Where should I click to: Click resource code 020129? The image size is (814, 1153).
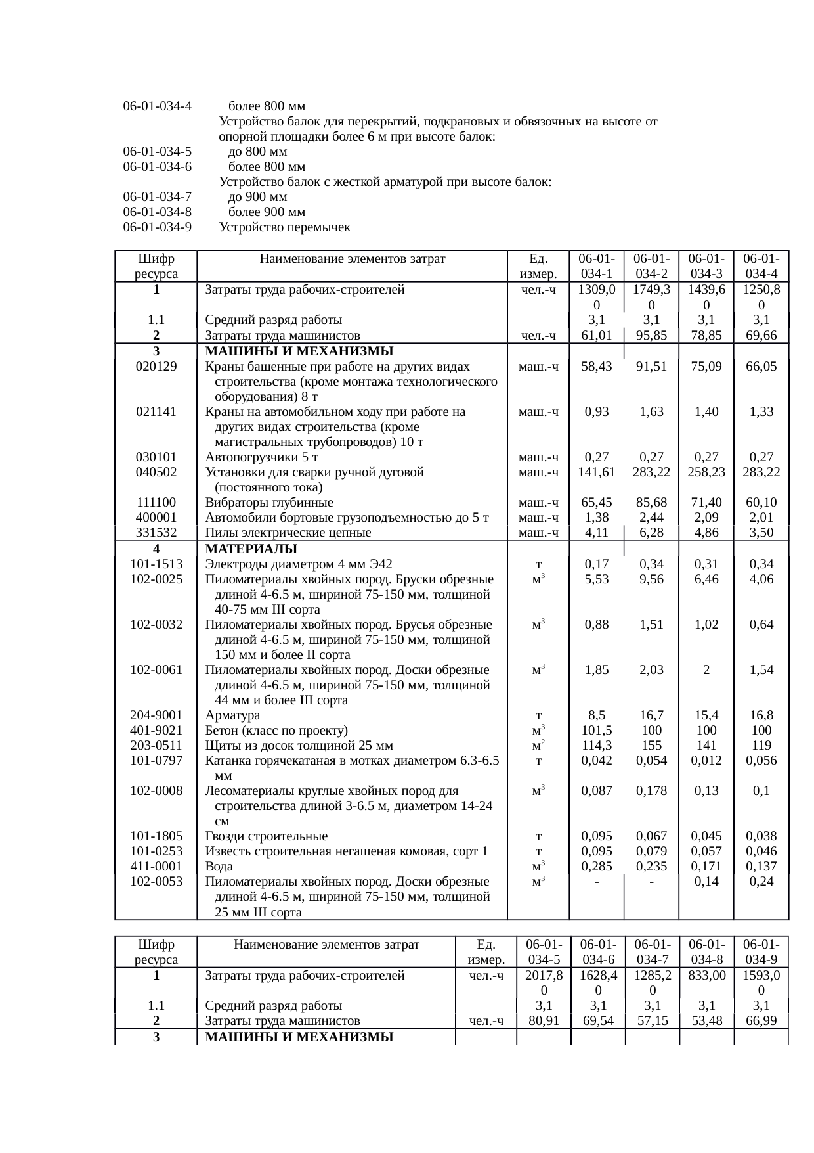coord(156,367)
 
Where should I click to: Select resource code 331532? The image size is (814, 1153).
coord(156,533)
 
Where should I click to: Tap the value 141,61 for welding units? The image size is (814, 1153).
coord(596,472)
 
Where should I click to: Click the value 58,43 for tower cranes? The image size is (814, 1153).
coord(596,367)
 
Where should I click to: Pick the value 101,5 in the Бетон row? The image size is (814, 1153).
coord(596,731)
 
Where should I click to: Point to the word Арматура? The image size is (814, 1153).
coord(232,715)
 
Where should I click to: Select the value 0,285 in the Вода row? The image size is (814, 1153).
coord(596,867)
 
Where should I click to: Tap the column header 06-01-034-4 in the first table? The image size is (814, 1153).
coord(761,266)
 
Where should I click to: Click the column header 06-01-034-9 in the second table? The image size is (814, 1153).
coord(761,952)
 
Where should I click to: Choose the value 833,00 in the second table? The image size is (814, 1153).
coord(706,976)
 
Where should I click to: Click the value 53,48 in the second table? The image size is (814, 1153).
coord(706,1021)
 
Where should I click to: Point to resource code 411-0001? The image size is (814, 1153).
coord(156,867)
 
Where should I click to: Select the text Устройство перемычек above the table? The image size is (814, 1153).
coord(285,228)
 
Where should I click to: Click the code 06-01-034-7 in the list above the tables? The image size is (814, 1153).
coord(158,198)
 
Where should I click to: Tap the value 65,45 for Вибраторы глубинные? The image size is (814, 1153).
coord(596,503)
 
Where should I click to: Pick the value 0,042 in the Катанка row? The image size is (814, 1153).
coord(596,761)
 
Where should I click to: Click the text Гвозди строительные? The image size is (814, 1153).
coord(267,836)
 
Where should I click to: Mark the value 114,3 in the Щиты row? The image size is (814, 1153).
coord(596,746)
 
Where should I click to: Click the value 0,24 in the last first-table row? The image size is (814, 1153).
coord(761,882)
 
